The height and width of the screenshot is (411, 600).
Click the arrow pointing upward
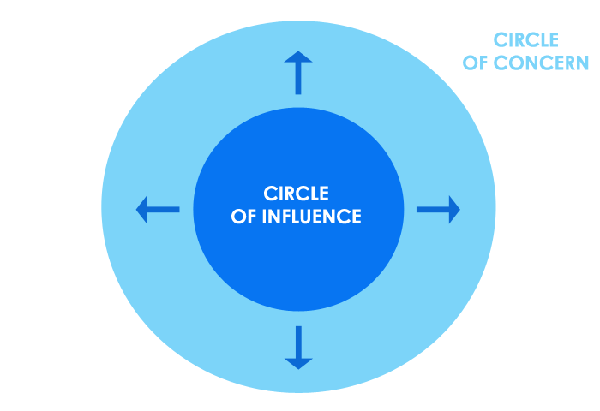click(x=298, y=72)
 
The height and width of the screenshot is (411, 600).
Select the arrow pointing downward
click(x=298, y=347)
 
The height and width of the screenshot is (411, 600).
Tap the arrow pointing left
click(x=158, y=209)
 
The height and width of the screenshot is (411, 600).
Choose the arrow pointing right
click(x=438, y=209)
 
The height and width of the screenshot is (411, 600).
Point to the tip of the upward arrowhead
click(x=298, y=51)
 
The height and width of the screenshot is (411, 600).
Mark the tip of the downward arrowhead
click(x=298, y=369)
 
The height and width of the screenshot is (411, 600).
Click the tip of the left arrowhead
click(x=136, y=209)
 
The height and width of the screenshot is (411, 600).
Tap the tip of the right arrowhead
click(x=460, y=209)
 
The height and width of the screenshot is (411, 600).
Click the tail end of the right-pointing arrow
click(x=417, y=209)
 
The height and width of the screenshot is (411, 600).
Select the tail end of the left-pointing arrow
click(x=179, y=209)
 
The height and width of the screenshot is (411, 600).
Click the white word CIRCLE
click(x=297, y=194)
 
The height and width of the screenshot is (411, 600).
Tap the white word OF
click(x=243, y=217)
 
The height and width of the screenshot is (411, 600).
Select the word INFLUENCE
click(x=310, y=217)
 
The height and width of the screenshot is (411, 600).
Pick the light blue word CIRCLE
click(x=526, y=39)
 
